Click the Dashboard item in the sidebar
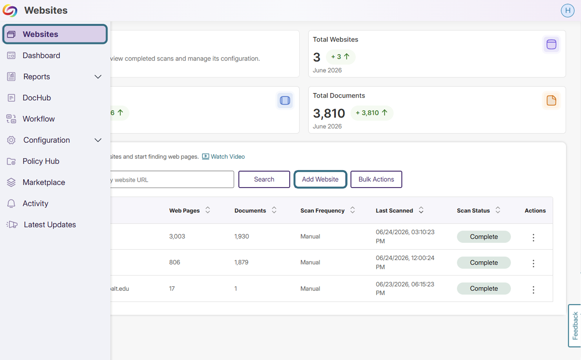(41, 55)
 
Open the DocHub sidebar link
(37, 98)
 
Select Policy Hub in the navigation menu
(41, 161)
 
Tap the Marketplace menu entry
(44, 182)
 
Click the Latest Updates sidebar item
(49, 225)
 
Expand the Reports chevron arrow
(98, 76)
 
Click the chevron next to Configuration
(98, 140)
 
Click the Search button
(264, 179)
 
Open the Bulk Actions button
(376, 179)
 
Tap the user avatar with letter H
(568, 10)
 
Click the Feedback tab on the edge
(574, 326)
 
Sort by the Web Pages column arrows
(207, 210)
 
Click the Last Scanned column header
(394, 211)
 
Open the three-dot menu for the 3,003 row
(533, 237)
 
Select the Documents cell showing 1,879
(241, 262)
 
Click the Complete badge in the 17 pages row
(484, 288)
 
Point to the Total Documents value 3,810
(329, 113)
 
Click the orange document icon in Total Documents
(551, 100)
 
